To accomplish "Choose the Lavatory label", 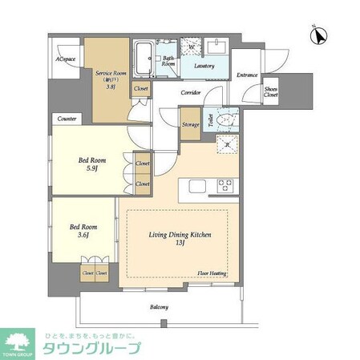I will pos(204,66).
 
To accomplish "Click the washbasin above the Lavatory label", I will pos(216,46).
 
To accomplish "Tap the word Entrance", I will pos(247,75).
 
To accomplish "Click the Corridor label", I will pos(190,93).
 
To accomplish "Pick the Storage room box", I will pos(190,125).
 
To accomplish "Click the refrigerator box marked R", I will pos(226,144).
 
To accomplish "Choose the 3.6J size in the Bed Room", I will pos(79,235).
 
